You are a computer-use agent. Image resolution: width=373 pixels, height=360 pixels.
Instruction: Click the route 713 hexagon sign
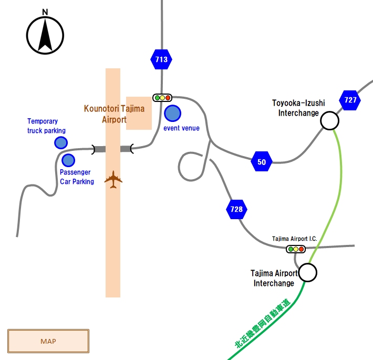pyautogui.click(x=161, y=59)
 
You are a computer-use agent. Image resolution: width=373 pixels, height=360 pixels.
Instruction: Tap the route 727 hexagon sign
pyautogui.click(x=350, y=100)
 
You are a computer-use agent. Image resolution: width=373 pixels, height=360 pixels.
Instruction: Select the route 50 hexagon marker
pyautogui.click(x=262, y=161)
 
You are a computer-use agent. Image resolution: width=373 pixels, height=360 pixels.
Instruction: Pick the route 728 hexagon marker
pyautogui.click(x=237, y=209)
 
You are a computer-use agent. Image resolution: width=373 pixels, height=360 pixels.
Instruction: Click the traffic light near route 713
pyautogui.click(x=162, y=98)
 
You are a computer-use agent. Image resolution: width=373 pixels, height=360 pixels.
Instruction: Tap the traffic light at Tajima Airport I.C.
pyautogui.click(x=296, y=249)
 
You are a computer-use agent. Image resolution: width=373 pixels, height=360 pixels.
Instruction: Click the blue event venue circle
pyautogui.click(x=172, y=114)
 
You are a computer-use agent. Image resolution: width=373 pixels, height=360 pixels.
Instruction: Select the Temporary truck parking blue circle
pyautogui.click(x=61, y=143)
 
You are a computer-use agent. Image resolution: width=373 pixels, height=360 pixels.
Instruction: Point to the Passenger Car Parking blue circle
pyautogui.click(x=68, y=160)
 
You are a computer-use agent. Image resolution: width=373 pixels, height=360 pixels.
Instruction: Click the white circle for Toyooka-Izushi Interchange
pyautogui.click(x=330, y=121)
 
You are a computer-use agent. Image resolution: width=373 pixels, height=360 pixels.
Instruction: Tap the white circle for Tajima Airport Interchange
pyautogui.click(x=308, y=273)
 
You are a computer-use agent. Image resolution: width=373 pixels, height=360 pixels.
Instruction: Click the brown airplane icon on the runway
pyautogui.click(x=113, y=180)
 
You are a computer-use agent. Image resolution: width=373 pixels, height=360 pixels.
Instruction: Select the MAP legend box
pyautogui.click(x=48, y=341)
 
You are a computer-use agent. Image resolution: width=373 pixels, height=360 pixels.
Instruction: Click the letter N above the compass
pyautogui.click(x=45, y=12)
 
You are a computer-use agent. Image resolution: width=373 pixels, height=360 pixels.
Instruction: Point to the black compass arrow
pyautogui.click(x=45, y=35)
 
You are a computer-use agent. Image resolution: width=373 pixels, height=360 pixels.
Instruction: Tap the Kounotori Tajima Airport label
pyautogui.click(x=114, y=114)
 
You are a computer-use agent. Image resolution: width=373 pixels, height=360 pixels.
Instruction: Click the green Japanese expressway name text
pyautogui.click(x=263, y=323)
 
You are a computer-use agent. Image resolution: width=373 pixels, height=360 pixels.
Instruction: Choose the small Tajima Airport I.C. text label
pyautogui.click(x=295, y=239)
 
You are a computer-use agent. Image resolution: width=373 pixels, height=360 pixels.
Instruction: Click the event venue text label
pyautogui.click(x=181, y=128)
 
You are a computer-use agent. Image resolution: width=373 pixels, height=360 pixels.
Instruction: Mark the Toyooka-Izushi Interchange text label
pyautogui.click(x=298, y=108)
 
